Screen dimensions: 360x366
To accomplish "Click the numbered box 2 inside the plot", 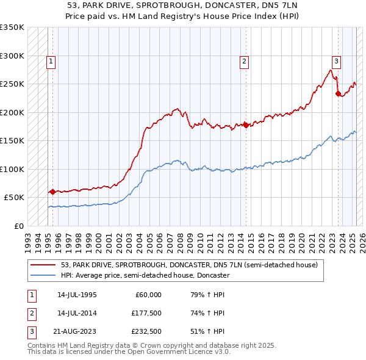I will pos(243,61).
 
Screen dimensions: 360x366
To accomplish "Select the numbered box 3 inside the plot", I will pos(336,61).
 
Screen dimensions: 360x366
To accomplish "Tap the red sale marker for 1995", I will pos(52,192).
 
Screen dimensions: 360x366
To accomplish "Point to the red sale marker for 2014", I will pos(246,125).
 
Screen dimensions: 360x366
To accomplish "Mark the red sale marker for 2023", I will pos(338,94).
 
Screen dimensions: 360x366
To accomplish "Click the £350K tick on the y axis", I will pos(12,27).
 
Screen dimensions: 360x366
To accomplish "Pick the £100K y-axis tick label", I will pos(12,169).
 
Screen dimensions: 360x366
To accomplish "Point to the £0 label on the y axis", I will pos(18,226).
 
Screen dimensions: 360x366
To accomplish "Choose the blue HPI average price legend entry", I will pos(145,276).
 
